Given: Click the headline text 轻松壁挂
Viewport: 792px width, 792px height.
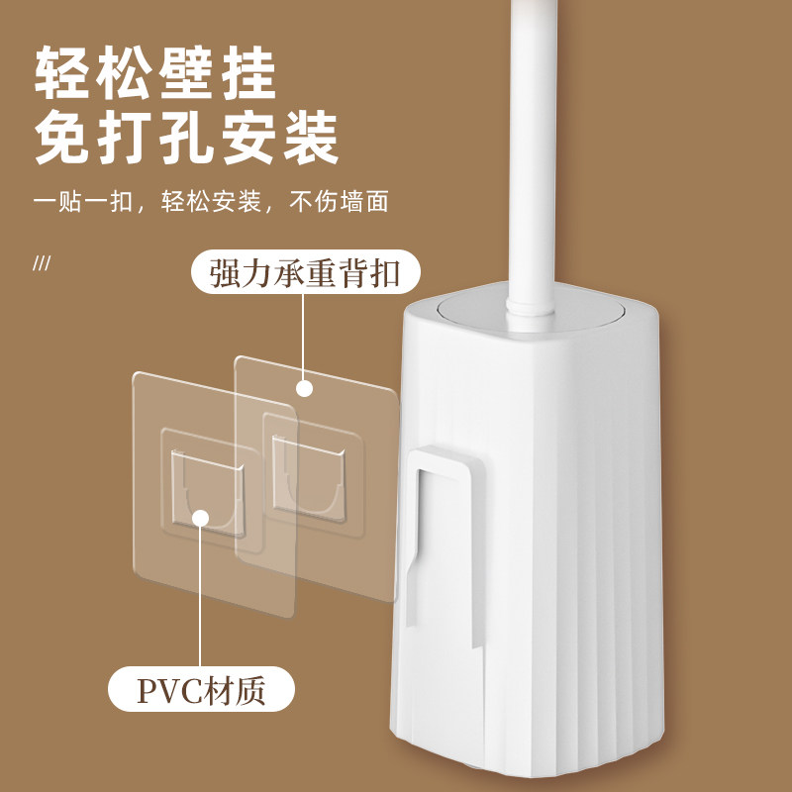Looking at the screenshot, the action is point(155,72).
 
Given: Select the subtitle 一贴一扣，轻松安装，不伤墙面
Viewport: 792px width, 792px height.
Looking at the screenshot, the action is point(210,203).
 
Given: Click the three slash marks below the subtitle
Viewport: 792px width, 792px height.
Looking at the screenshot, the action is point(42,264).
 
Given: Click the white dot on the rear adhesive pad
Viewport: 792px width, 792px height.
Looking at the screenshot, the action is point(305,389).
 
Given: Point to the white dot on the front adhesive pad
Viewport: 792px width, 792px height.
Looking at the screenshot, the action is point(201,517).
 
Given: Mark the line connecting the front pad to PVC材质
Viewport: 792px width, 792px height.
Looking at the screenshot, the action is point(201,594).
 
